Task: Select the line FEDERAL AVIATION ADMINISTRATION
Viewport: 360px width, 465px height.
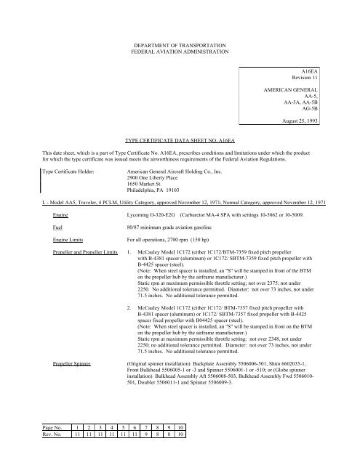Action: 180,52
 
